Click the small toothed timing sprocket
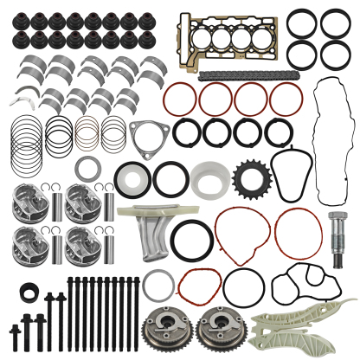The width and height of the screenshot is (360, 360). [249, 178]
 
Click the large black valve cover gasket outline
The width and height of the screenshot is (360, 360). [331, 138]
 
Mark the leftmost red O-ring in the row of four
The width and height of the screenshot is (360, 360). [181, 99]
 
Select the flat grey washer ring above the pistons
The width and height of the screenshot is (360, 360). [87, 168]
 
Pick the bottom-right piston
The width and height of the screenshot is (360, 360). [82, 247]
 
